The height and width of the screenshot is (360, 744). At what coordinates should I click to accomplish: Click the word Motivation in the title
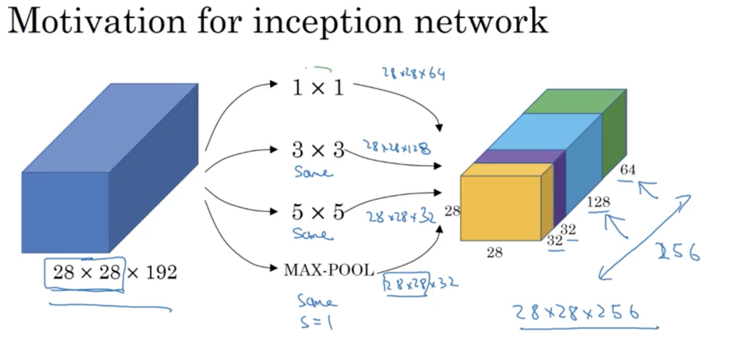(x=97, y=21)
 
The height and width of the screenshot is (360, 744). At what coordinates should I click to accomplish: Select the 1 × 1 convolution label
(x=318, y=87)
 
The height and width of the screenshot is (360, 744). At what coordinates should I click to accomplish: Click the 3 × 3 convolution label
(x=318, y=149)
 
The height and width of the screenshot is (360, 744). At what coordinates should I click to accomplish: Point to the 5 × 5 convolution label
(x=318, y=211)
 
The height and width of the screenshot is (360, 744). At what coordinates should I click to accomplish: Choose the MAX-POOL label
(x=329, y=270)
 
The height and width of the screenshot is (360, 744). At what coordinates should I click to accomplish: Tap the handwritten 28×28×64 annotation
(x=413, y=73)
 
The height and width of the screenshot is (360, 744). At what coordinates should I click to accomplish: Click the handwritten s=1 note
(x=316, y=322)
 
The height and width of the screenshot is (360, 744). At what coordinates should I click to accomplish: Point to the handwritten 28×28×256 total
(x=577, y=312)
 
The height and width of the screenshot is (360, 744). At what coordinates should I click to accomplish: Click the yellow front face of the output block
(x=500, y=207)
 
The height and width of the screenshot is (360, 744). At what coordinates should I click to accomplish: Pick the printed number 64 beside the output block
(x=627, y=170)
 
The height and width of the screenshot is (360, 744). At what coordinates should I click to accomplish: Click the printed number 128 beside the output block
(x=599, y=202)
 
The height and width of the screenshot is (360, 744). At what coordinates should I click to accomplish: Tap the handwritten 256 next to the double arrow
(x=678, y=252)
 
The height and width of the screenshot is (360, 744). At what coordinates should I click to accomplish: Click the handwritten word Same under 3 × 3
(x=313, y=172)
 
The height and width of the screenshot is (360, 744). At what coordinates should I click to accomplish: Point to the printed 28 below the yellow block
(x=495, y=252)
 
